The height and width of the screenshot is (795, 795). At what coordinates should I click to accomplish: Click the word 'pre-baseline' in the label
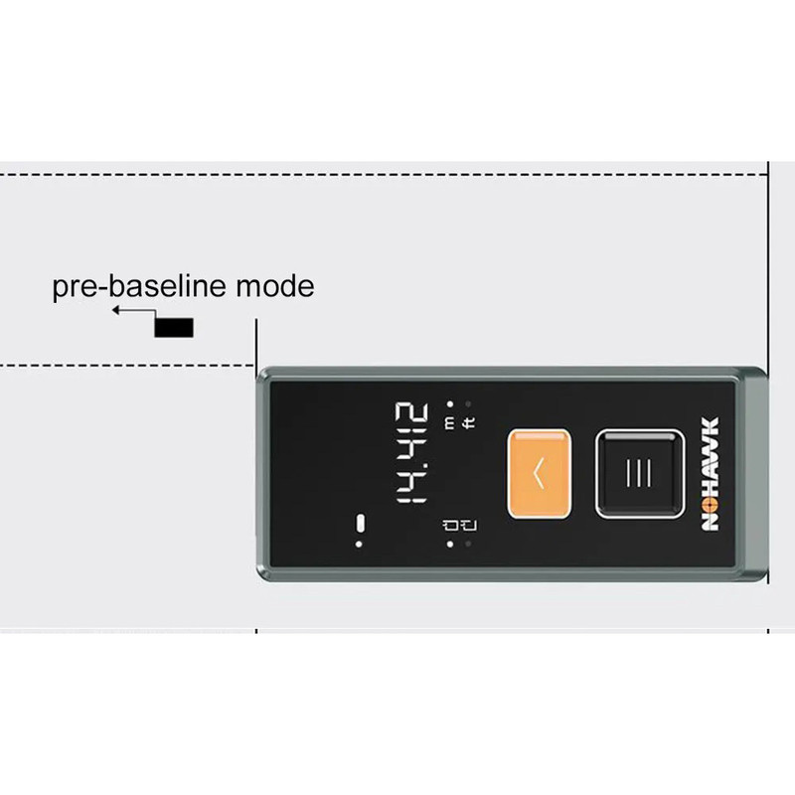click(x=139, y=287)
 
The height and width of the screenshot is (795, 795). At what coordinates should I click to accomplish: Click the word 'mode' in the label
click(x=275, y=286)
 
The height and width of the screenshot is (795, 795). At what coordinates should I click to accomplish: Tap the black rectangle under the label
click(x=174, y=328)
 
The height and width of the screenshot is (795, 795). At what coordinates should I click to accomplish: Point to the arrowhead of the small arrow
click(x=115, y=310)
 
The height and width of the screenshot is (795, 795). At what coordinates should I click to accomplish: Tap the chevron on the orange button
click(x=539, y=473)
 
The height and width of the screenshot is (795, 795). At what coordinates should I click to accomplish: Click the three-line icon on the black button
click(x=639, y=473)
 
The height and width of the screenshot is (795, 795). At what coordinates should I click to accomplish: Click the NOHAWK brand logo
click(x=711, y=474)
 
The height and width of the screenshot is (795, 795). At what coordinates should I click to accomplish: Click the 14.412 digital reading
click(x=411, y=453)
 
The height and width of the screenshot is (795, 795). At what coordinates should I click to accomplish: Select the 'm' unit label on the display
click(x=450, y=422)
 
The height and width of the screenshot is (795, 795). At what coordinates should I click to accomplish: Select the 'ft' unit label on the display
click(x=469, y=423)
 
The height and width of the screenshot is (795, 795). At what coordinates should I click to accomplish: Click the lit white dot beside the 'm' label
click(x=450, y=404)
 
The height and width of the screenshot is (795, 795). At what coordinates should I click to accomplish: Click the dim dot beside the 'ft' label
click(x=468, y=404)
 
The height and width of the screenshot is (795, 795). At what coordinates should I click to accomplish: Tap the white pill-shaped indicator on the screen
click(x=360, y=524)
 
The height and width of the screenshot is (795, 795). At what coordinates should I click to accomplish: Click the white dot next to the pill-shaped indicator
click(x=359, y=545)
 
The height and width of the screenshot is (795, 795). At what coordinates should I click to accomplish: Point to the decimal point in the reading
click(x=425, y=464)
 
